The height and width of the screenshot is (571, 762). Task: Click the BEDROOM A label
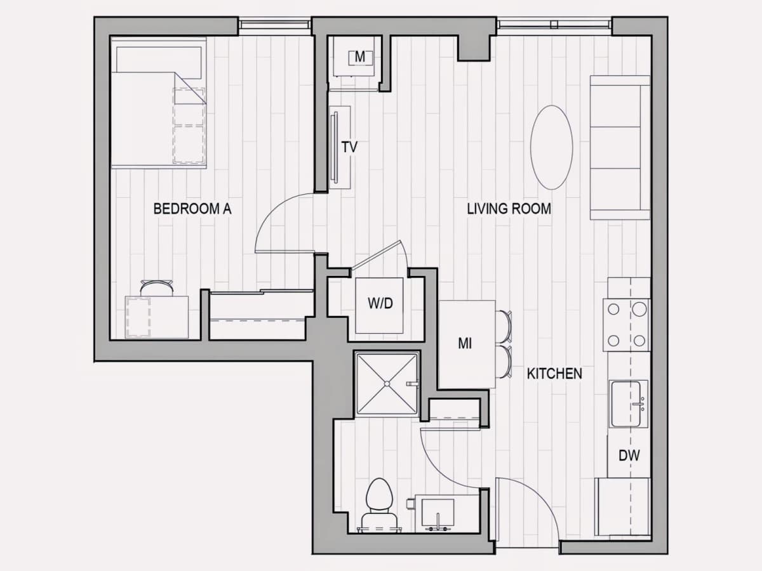(192, 209)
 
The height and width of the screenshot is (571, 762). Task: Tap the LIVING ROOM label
(509, 209)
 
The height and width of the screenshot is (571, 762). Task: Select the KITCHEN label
(554, 374)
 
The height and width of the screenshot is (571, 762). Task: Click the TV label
(349, 147)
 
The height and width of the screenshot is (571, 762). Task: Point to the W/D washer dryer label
(380, 304)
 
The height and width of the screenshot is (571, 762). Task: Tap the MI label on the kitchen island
(465, 344)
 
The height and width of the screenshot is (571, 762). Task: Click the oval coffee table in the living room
(552, 147)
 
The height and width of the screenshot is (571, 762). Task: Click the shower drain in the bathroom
(387, 384)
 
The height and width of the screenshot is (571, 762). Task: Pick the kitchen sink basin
(626, 404)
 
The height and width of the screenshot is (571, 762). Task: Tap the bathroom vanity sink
(438, 513)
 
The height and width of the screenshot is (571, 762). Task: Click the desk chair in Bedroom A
(157, 288)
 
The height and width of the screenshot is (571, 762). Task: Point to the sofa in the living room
(620, 147)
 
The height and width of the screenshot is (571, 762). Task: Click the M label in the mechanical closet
(360, 57)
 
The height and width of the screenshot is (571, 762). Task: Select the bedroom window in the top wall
(274, 25)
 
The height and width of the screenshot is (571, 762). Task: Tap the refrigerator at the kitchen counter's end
(622, 506)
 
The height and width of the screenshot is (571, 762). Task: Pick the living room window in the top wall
(554, 25)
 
